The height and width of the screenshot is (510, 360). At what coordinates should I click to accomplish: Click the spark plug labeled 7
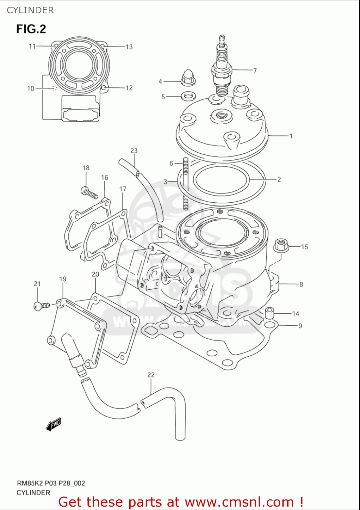pos(222,68)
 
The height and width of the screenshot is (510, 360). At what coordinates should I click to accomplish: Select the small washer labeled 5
pos(188,96)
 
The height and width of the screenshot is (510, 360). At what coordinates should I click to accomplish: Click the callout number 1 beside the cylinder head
pos(291,136)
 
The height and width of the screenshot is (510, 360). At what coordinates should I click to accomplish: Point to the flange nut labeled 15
pos(281,245)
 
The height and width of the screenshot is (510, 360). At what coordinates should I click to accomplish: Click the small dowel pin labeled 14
pos(269,312)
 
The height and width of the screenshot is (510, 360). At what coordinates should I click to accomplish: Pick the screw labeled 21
pos(42,306)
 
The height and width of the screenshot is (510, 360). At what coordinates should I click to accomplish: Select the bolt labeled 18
pos(89,193)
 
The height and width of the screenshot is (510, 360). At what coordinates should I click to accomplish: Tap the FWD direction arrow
pos(53,424)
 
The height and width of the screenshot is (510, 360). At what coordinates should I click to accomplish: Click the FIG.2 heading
pos(31,29)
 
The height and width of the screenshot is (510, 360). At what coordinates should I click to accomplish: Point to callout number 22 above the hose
pos(151,375)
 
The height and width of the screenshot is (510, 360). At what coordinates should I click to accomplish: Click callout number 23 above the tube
pos(134,151)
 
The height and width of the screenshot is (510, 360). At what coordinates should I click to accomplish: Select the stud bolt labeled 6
pos(185,184)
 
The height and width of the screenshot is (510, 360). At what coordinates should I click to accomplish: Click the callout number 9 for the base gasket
pos(300,326)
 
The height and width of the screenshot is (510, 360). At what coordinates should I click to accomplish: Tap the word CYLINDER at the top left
pos(30,10)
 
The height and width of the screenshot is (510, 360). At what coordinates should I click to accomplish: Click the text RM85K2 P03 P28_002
pos(51,483)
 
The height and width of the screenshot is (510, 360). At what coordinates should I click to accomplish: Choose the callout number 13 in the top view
pos(129,47)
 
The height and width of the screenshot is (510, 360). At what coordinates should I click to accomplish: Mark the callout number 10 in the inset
pos(31,88)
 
